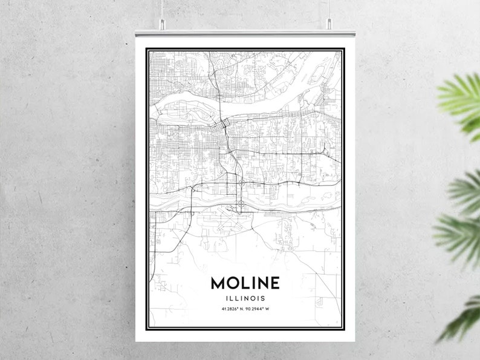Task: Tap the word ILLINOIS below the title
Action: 245,298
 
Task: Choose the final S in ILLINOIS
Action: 264,298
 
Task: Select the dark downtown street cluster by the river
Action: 224,126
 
